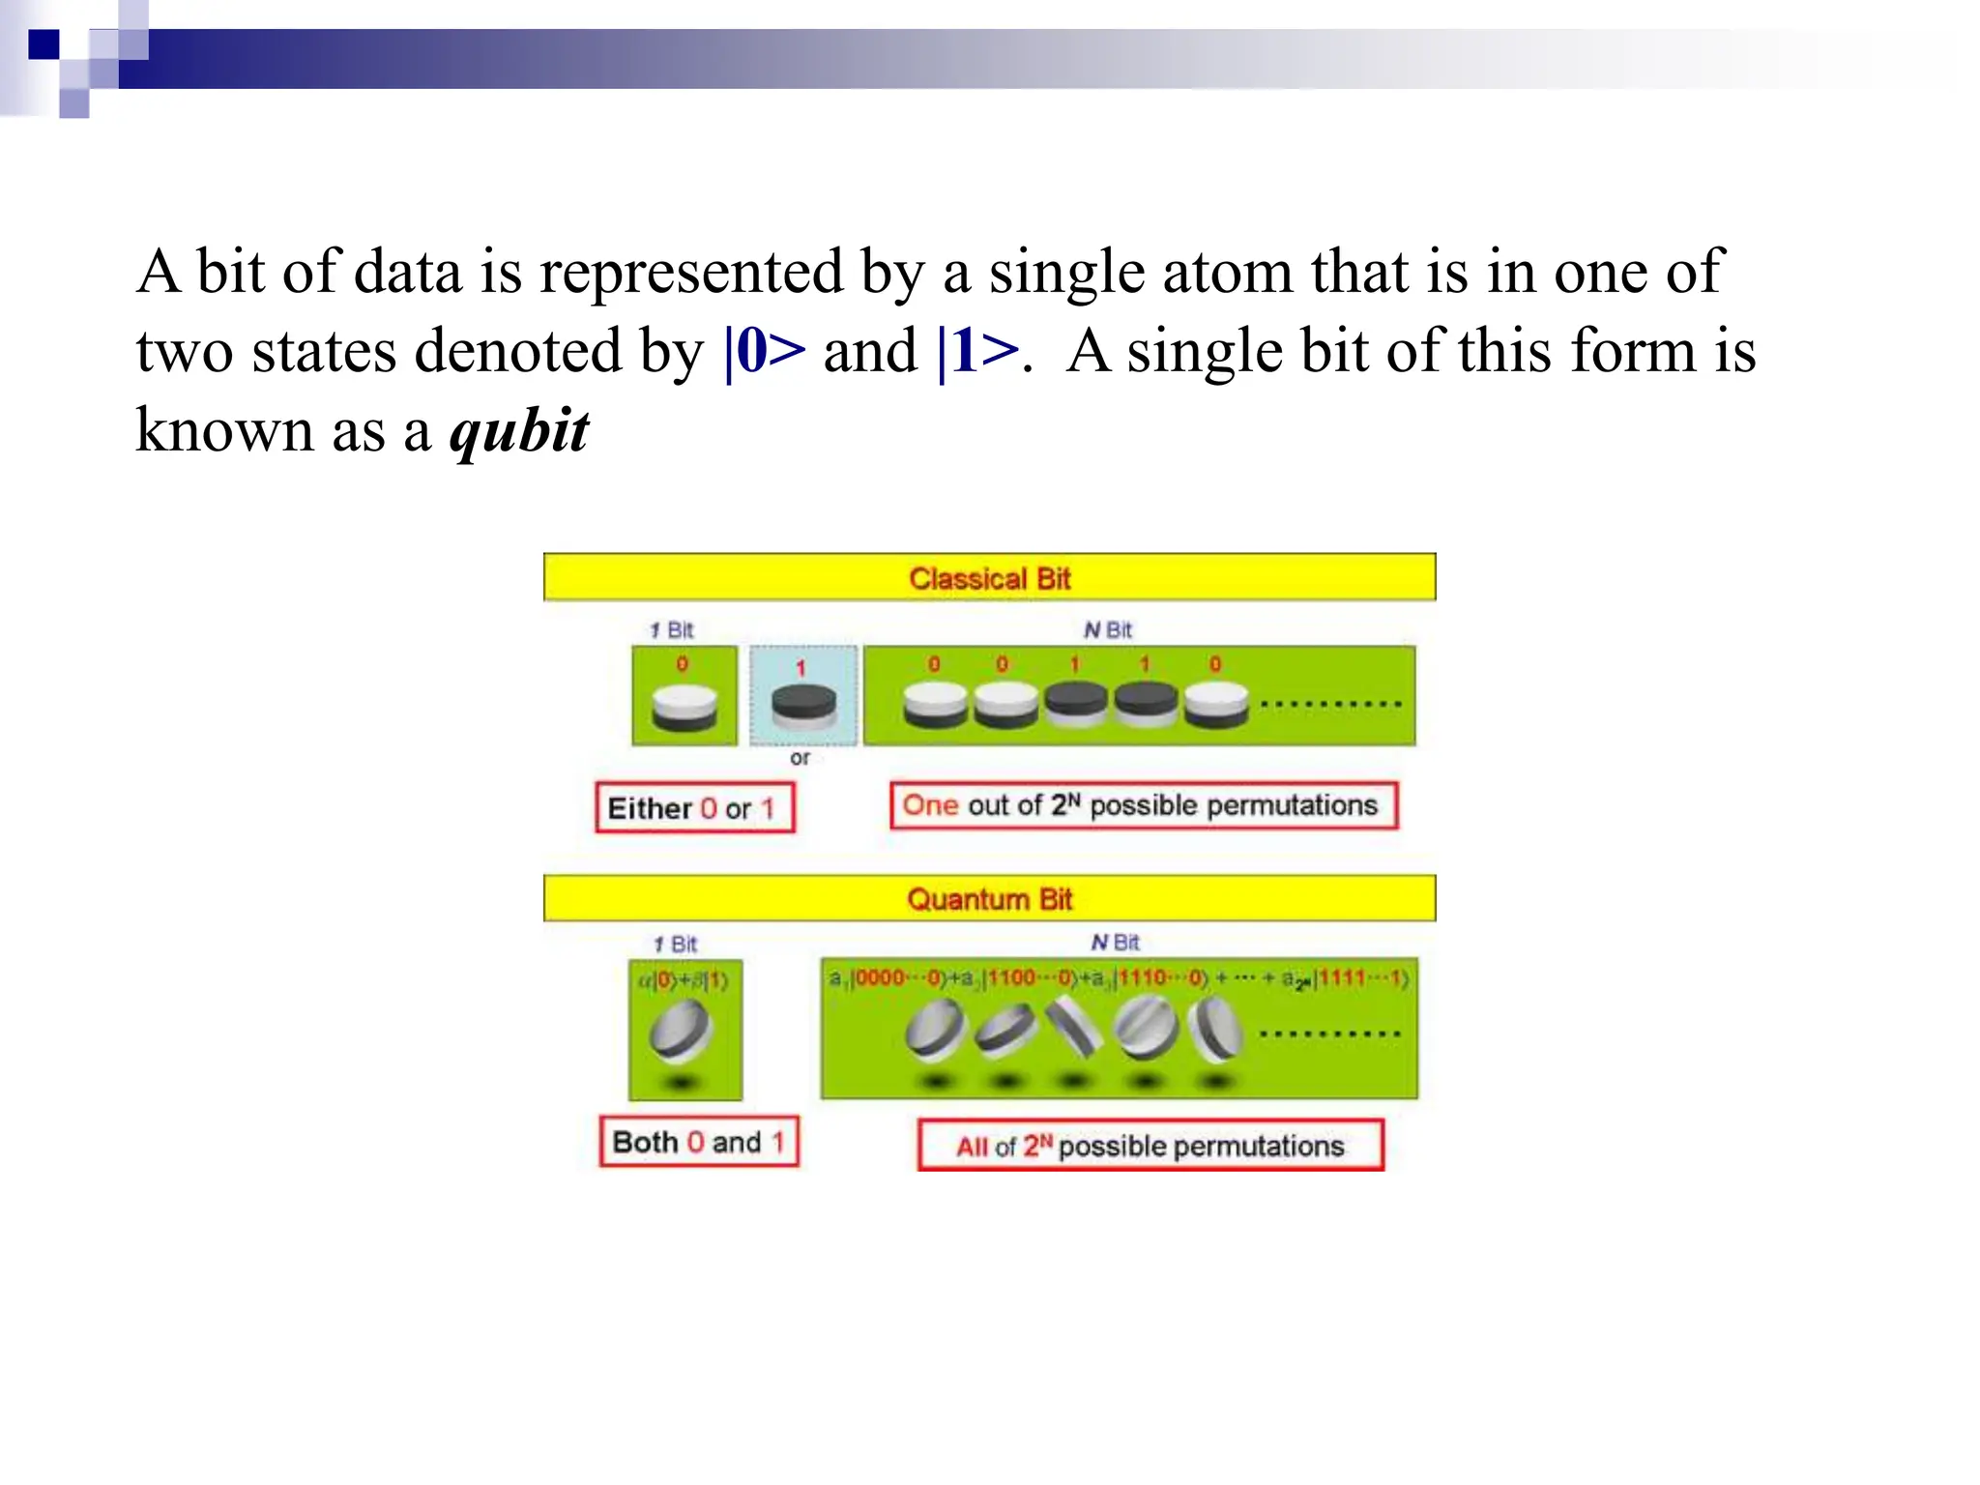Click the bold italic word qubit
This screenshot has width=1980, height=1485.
point(519,431)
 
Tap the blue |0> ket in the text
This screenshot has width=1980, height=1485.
point(764,351)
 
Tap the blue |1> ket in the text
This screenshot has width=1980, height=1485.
point(977,351)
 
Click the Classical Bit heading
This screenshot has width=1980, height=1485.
point(989,578)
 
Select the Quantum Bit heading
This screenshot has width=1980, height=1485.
point(989,899)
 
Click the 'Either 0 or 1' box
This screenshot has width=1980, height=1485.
point(694,807)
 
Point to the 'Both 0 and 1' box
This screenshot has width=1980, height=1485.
point(699,1142)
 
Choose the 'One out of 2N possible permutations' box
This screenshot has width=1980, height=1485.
point(1143,805)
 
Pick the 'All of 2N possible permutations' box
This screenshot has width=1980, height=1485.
point(1150,1146)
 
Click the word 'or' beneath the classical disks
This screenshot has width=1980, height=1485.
point(800,758)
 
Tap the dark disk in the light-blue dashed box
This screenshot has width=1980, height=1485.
point(803,705)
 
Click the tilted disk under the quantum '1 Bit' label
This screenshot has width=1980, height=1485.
point(682,1031)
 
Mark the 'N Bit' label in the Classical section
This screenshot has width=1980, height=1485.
point(1107,630)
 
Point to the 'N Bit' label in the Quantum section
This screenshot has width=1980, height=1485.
point(1115,943)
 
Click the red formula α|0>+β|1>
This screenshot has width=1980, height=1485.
point(683,980)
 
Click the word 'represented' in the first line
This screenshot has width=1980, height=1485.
point(691,272)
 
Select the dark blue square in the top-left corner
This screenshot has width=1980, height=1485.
point(44,44)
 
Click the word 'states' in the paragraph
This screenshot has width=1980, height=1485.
point(323,351)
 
